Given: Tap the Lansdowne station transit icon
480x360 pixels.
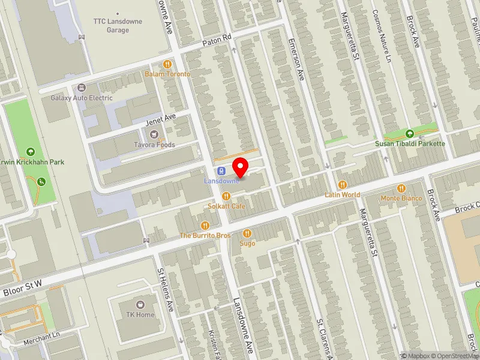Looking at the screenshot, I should (220, 170).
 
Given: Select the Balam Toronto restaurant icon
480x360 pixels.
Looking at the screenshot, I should (167, 64).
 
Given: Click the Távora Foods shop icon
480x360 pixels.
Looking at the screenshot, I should (155, 134).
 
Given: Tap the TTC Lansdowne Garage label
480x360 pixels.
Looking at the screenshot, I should (118, 25).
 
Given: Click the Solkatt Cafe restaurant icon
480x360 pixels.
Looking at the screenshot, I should (226, 196).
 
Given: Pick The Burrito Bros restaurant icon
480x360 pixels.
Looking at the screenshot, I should (205, 225).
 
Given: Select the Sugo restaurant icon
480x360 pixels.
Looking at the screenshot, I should (247, 233).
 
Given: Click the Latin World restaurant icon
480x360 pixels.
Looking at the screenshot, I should (343, 184).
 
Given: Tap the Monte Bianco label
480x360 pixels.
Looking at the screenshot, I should (401, 198).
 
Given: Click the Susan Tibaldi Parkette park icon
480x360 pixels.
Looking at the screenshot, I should (410, 133).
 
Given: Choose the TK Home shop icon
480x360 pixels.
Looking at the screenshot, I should (141, 304).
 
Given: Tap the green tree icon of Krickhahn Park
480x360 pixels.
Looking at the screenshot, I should (31, 151).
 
